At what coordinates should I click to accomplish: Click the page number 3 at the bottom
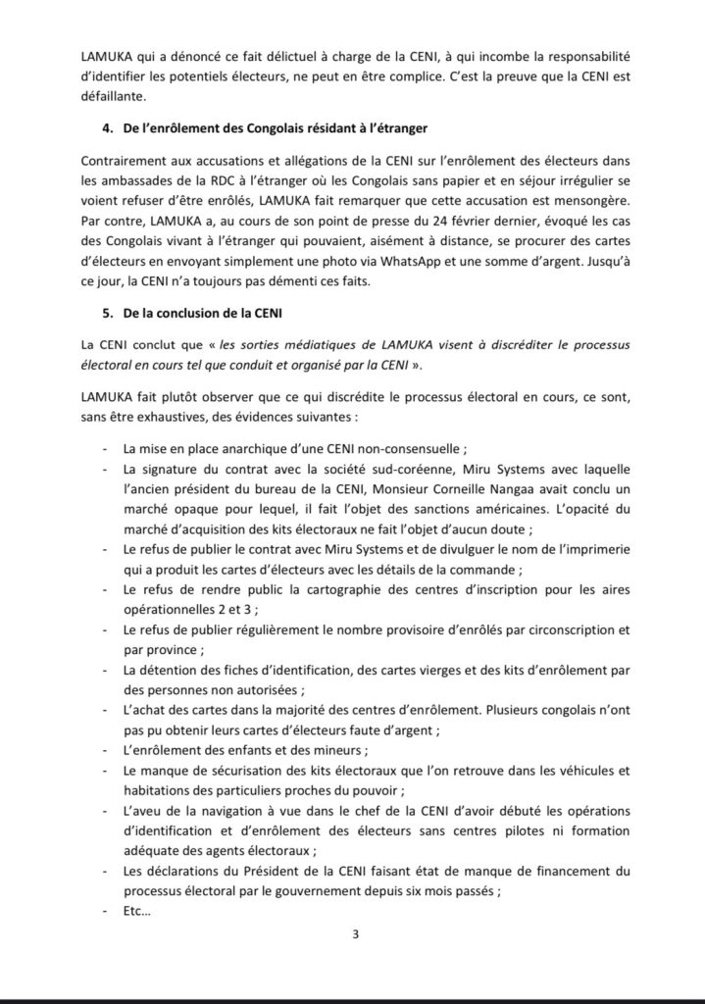[x=355, y=933]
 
